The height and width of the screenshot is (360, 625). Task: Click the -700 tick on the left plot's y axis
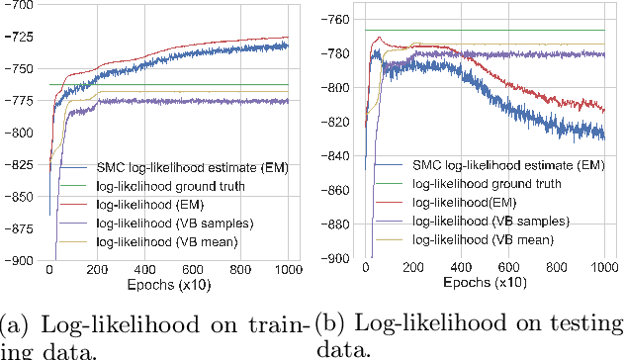point(18,7)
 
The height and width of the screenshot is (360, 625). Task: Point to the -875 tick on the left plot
point(18,234)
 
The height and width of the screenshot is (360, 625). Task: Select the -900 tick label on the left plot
point(18,260)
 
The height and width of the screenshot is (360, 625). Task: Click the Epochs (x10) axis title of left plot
point(167,282)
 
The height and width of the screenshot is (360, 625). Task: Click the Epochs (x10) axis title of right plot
point(486,282)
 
